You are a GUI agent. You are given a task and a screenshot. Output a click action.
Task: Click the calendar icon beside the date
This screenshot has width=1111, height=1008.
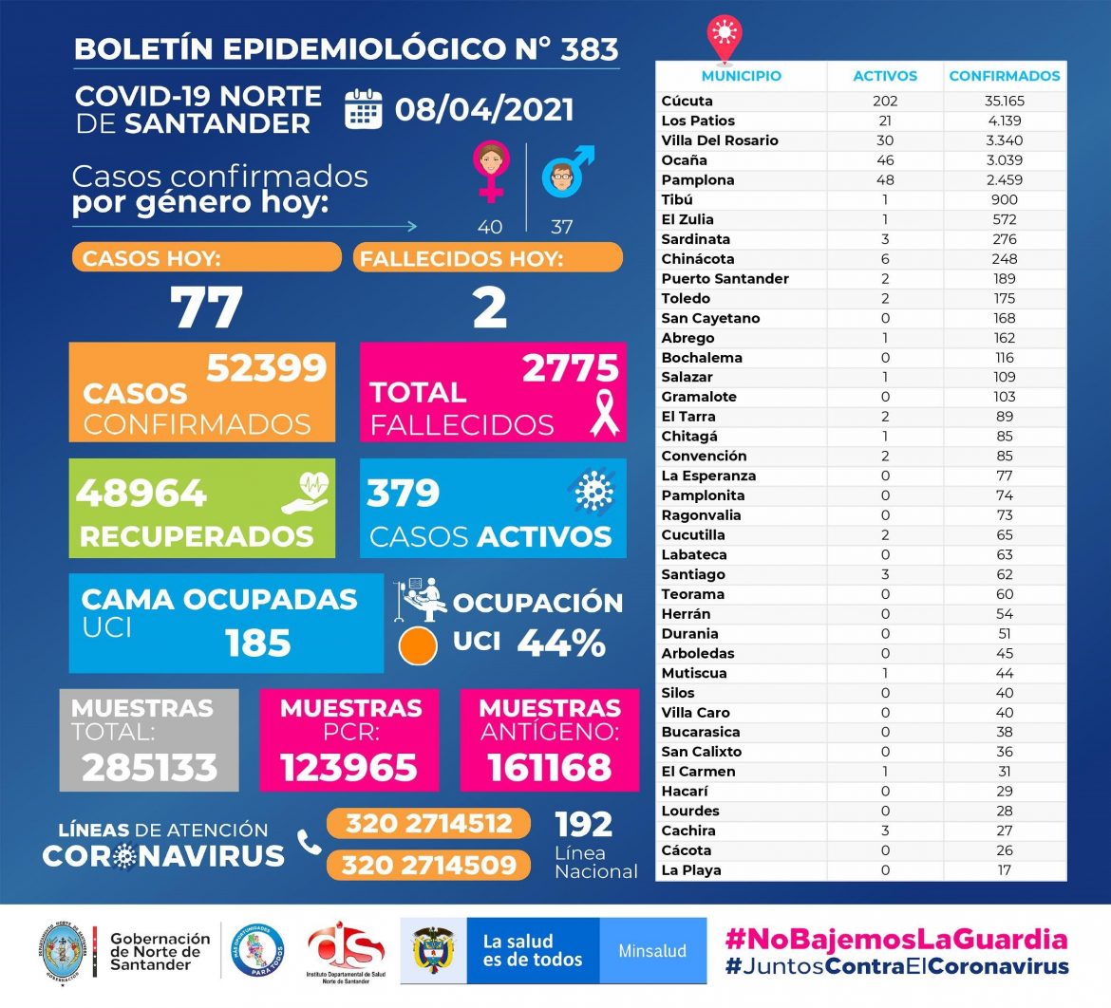pos(363,109)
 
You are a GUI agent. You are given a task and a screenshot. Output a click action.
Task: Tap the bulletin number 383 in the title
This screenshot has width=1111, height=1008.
pos(591,48)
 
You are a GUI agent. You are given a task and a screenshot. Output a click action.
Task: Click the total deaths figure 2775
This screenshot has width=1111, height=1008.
pos(570,368)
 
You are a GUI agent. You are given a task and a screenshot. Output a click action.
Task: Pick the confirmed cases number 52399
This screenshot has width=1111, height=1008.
pos(266,367)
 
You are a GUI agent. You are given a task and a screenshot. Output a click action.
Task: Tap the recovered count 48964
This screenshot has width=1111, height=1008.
pos(141,494)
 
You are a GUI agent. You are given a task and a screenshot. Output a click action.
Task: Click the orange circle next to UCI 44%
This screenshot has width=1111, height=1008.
pos(417,645)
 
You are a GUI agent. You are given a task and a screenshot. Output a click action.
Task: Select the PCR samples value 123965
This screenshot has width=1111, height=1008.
pos(348,767)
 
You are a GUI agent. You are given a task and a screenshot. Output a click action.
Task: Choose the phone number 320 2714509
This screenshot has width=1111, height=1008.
pos(429,865)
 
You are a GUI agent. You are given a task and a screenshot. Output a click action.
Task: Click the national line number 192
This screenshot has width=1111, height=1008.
pos(584,823)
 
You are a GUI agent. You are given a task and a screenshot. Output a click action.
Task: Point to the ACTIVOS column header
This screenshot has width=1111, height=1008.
pos(885,76)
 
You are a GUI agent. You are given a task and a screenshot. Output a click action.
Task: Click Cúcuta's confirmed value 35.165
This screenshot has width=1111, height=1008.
pos(1004,101)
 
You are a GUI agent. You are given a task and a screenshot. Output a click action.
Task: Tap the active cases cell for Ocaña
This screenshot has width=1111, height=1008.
pos(885,159)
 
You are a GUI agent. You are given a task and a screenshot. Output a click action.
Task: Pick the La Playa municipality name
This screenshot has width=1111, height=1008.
pos(691,870)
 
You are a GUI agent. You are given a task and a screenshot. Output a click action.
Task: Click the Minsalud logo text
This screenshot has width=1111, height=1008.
pos(652,950)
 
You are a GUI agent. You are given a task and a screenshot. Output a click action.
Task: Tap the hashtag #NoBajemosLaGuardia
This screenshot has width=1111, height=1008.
pos(895,940)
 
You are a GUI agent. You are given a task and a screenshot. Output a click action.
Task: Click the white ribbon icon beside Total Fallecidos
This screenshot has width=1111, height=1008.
pos(604,414)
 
